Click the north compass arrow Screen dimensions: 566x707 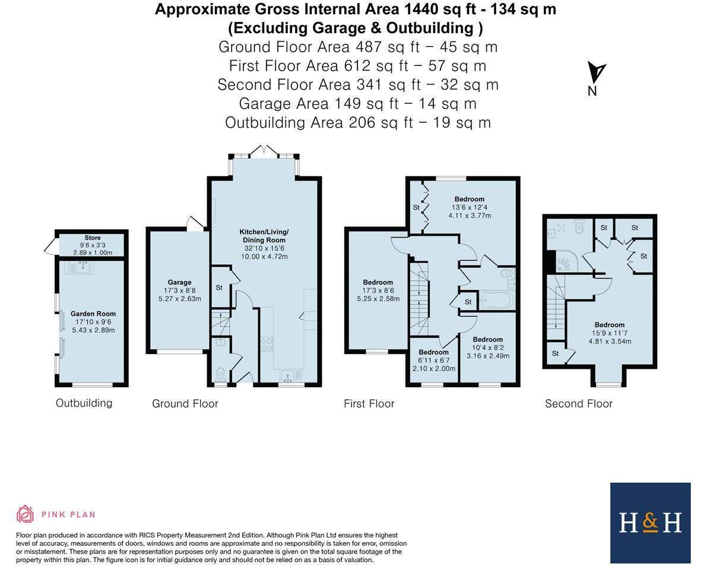click(x=596, y=72)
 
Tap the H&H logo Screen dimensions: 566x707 click(x=650, y=523)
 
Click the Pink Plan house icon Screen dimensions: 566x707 click(x=25, y=514)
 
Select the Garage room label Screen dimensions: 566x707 click(x=179, y=282)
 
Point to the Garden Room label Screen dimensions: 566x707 click(x=93, y=314)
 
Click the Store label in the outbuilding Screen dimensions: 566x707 click(x=93, y=238)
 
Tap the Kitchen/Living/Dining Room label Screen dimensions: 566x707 click(x=264, y=236)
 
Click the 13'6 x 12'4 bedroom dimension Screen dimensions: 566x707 click(x=469, y=208)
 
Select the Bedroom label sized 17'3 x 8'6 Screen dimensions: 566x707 click(x=378, y=282)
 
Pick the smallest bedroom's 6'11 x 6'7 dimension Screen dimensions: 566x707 click(x=433, y=361)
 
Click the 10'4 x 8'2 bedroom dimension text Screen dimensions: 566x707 click(x=487, y=348)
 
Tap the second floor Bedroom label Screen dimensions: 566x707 click(x=610, y=325)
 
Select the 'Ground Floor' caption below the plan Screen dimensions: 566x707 click(x=185, y=404)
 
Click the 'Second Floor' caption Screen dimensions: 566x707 click(x=579, y=404)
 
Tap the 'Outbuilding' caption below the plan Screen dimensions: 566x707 click(x=84, y=403)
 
